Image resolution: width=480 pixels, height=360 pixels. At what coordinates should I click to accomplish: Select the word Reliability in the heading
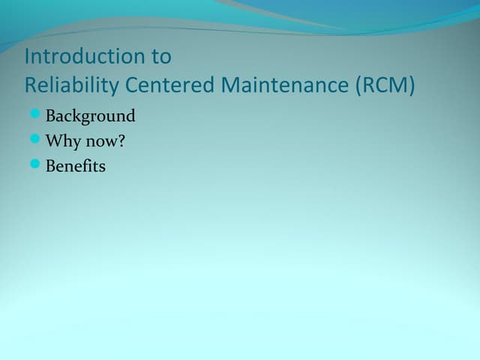pos(72,85)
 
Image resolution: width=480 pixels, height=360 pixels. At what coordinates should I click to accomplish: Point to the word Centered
pos(170,85)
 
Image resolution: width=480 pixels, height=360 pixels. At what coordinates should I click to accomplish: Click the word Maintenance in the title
pos(286,85)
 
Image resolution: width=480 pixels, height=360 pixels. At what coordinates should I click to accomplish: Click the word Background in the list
pos(91,116)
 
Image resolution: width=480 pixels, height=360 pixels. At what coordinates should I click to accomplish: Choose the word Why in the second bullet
pos(62,141)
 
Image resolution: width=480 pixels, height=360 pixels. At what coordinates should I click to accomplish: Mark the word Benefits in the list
pos(76,166)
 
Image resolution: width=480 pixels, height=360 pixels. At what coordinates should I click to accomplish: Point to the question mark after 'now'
pos(121,140)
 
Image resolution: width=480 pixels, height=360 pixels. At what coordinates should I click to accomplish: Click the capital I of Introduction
pos(28,57)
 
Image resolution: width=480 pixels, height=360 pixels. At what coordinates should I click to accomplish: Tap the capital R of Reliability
pos(31,85)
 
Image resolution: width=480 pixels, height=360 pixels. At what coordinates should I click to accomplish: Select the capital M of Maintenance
pos(230,85)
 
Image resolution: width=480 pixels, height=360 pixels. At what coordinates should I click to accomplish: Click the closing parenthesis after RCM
pos(410,85)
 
